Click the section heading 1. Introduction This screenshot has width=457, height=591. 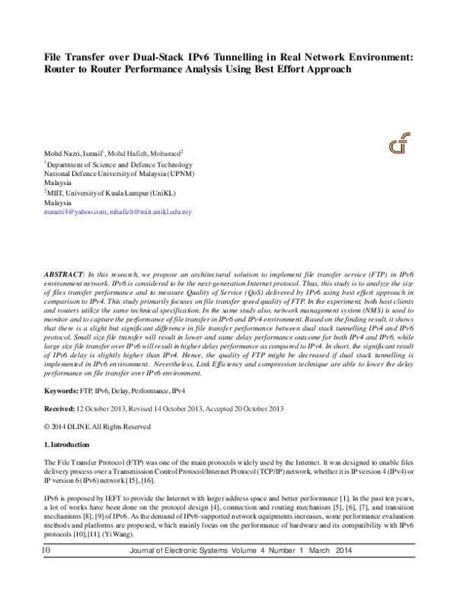[x=68, y=444]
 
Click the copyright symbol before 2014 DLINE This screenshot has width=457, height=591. [x=46, y=426]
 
